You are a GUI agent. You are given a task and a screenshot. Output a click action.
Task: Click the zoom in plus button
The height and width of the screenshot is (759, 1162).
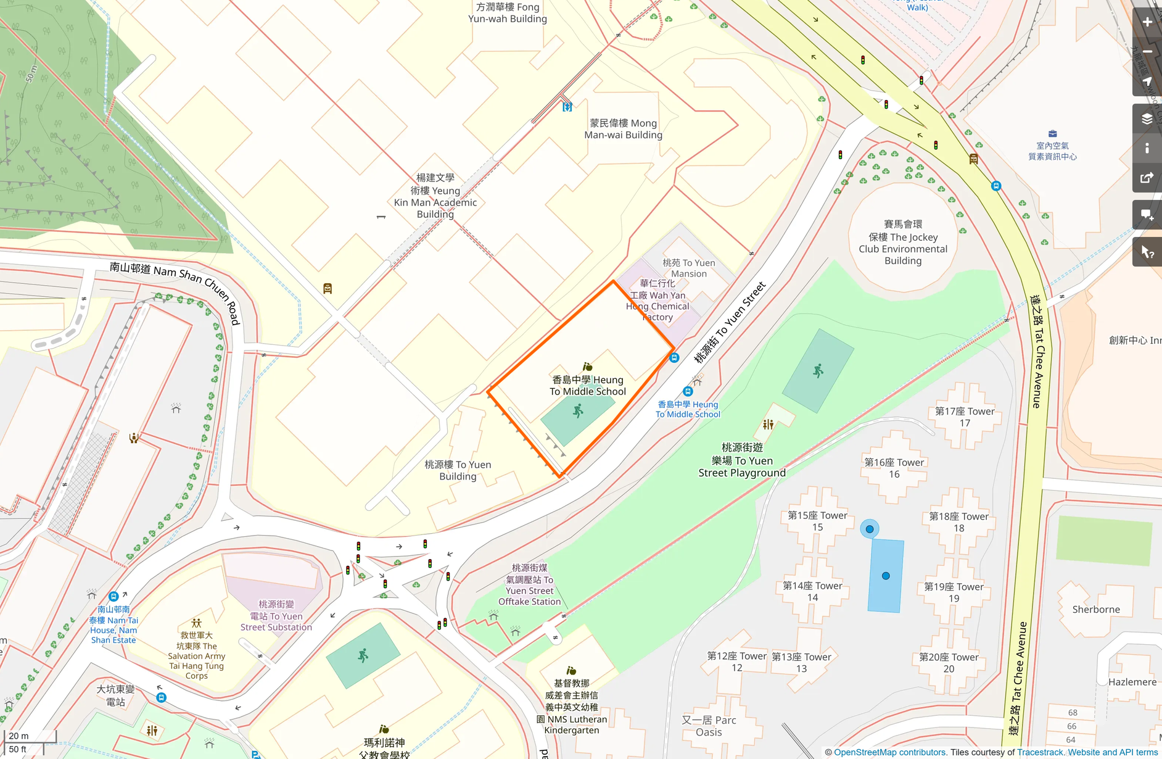click(1147, 22)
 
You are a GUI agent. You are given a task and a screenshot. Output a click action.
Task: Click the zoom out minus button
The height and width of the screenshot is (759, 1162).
click(1147, 52)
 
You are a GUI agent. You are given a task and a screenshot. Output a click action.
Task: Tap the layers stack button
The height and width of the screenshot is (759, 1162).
click(1147, 118)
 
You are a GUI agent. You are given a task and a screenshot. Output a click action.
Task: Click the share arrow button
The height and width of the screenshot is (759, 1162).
click(1147, 178)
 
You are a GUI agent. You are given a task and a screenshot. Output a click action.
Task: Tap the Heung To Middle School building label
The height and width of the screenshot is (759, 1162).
click(588, 386)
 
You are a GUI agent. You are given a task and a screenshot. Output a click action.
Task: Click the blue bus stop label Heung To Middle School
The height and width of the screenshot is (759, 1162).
click(688, 409)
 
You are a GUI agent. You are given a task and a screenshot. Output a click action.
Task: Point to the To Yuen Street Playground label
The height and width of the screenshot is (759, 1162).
click(742, 460)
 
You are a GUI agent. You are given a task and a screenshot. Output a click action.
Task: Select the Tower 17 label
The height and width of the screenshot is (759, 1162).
click(965, 417)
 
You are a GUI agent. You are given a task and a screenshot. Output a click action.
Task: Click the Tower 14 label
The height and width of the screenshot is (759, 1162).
click(812, 592)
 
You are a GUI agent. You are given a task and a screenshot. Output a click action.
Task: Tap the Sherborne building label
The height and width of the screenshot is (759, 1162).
click(1096, 610)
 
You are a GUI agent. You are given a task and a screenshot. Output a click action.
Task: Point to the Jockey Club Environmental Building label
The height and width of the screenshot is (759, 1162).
click(903, 243)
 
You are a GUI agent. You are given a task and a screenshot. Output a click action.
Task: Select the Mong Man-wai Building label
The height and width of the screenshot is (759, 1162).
click(624, 129)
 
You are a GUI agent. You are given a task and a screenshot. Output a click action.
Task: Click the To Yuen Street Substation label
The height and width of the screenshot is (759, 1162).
click(276, 616)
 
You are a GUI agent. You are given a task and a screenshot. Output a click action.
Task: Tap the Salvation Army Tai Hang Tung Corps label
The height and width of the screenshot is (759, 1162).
click(197, 655)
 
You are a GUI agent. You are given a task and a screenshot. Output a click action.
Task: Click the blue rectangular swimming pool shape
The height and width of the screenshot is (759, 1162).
click(886, 576)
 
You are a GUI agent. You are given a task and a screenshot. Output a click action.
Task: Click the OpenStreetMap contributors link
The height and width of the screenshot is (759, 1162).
click(889, 752)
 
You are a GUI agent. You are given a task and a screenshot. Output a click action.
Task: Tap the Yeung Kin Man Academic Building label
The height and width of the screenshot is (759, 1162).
click(435, 196)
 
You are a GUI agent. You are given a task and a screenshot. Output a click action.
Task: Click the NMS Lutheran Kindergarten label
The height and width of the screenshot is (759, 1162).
click(572, 707)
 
